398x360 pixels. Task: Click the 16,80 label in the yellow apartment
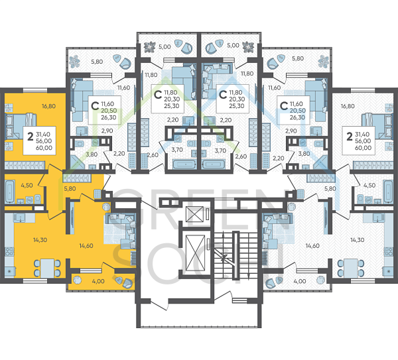coord(48,105)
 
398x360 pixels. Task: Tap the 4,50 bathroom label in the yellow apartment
coord(27,186)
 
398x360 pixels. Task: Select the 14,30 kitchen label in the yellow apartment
coord(39,240)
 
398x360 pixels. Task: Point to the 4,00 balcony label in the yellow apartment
coord(98,282)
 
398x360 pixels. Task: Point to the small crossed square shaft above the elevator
coord(197,213)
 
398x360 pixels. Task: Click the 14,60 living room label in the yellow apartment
coord(86,246)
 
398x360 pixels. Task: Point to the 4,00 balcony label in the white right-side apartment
coord(298,282)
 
